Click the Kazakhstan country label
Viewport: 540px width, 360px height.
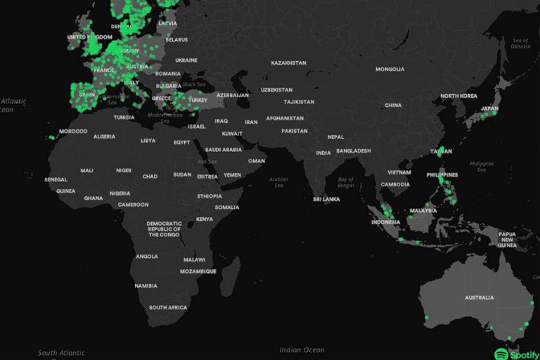pos(288,63)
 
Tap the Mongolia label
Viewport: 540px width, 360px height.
pos(390,69)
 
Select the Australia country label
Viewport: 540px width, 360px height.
pos(479,297)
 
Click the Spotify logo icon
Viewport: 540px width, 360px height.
pos(501,353)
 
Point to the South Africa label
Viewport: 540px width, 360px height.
pos(168,307)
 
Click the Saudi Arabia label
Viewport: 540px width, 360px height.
pos(224,150)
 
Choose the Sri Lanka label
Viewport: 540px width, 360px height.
pos(326,199)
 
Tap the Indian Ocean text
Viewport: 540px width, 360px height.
pos(302,349)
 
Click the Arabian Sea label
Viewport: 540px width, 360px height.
pos(278,182)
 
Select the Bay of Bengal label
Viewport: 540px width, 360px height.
pos(345,182)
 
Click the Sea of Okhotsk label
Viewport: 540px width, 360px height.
pos(520,43)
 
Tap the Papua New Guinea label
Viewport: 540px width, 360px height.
pos(507,240)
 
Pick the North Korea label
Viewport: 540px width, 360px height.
pos(458,96)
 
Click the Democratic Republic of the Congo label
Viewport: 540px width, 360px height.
pos(164,229)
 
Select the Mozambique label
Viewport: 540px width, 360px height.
pos(200,271)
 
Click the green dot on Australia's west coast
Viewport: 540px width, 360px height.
pos(426,318)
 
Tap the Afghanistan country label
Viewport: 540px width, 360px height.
pos(284,118)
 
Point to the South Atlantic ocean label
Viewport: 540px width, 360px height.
pos(62,353)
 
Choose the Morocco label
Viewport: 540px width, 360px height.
pos(73,131)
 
